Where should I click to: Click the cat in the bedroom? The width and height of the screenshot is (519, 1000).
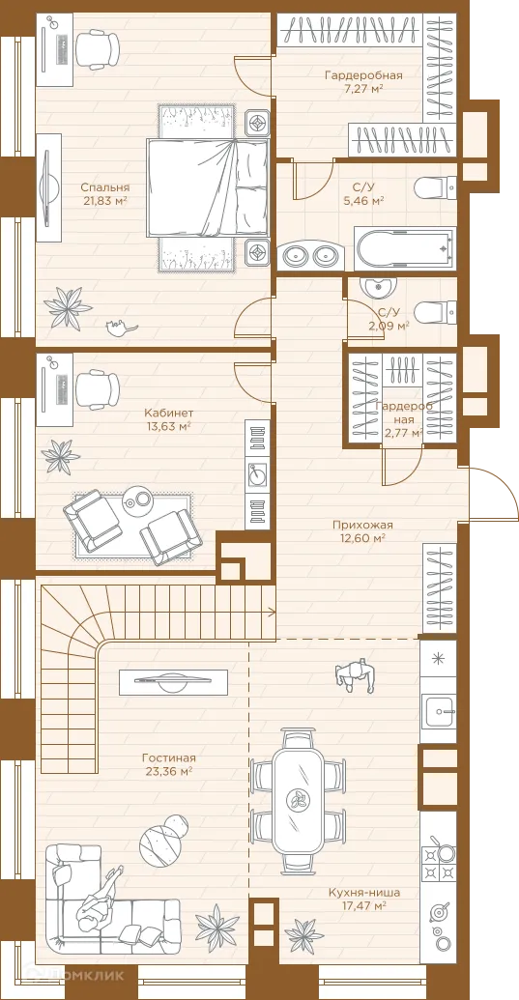coord(121,328)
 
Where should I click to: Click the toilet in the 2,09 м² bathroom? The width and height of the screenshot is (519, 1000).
coord(435,313)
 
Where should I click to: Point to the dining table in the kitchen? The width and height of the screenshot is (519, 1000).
coord(298,800)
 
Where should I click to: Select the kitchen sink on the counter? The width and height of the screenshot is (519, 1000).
coord(439,707)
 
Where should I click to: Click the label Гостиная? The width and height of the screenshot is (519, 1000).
coord(168,758)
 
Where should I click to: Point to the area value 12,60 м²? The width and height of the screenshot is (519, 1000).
coord(362,537)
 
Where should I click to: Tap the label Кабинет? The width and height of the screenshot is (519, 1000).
coord(168,412)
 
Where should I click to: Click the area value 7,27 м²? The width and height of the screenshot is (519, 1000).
coord(362,89)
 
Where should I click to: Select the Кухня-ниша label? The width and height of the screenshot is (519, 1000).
coord(365,892)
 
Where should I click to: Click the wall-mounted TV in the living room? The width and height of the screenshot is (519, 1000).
coord(173,682)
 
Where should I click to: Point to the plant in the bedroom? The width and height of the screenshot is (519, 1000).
coord(67,306)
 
